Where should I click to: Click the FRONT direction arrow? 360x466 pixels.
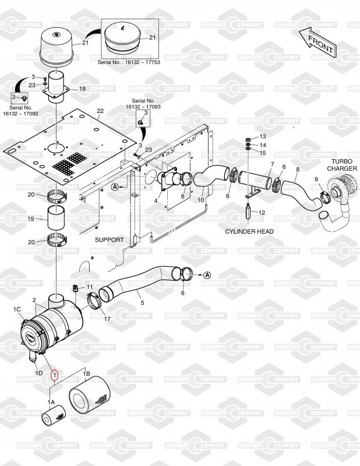click(318, 42)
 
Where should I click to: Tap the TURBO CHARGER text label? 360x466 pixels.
click(342, 165)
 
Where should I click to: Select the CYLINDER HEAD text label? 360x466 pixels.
click(249, 231)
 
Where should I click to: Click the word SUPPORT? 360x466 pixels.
click(109, 239)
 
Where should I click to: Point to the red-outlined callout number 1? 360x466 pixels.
click(55, 375)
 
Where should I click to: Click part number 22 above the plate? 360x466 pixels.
click(100, 111)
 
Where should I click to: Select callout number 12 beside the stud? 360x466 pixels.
click(262, 213)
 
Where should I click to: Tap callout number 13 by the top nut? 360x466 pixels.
click(263, 136)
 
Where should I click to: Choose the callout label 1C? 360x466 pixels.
click(17, 309)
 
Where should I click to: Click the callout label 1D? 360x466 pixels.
click(39, 373)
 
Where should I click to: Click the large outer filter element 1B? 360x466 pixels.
click(89, 394)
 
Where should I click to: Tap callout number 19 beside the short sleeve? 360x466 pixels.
click(31, 219)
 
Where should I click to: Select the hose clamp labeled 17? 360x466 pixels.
click(94, 301)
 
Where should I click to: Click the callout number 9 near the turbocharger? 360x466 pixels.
click(316, 179)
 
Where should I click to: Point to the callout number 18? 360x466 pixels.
click(82, 89)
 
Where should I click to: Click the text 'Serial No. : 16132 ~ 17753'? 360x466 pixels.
click(129, 62)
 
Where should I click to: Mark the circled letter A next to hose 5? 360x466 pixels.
click(207, 275)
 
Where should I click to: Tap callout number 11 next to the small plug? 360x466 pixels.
click(90, 287)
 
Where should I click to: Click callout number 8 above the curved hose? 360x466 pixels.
click(298, 170)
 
